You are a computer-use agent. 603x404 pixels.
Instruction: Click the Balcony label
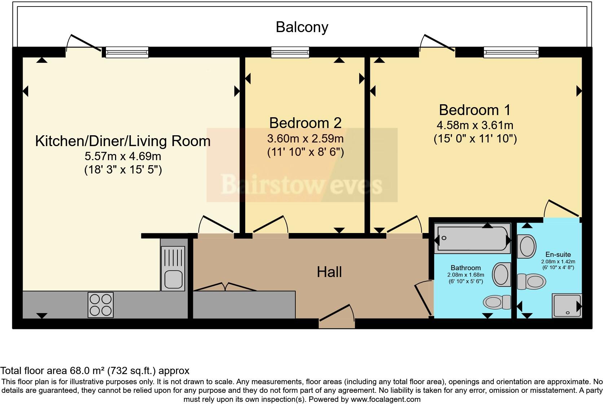302,27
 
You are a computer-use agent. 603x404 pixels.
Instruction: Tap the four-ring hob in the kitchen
101,304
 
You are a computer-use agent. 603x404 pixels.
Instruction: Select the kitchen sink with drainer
173,268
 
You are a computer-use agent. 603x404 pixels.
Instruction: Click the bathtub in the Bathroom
472,238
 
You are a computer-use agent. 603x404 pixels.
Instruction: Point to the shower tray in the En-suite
567,306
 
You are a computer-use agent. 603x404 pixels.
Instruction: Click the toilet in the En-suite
532,281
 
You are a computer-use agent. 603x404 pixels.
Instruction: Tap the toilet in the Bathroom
497,302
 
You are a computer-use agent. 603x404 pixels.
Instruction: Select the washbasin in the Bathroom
502,275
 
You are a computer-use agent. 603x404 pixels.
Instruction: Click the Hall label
329,272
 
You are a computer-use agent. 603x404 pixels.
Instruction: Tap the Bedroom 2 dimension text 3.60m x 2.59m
305,139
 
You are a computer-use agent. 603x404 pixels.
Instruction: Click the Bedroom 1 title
475,110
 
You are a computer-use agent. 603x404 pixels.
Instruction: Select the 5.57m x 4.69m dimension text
123,156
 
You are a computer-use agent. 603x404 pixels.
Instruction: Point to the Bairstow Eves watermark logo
302,165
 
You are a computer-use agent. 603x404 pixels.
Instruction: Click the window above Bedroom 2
290,52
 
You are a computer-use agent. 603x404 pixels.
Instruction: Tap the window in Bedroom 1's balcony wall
511,52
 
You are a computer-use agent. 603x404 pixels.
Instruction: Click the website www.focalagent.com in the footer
386,399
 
